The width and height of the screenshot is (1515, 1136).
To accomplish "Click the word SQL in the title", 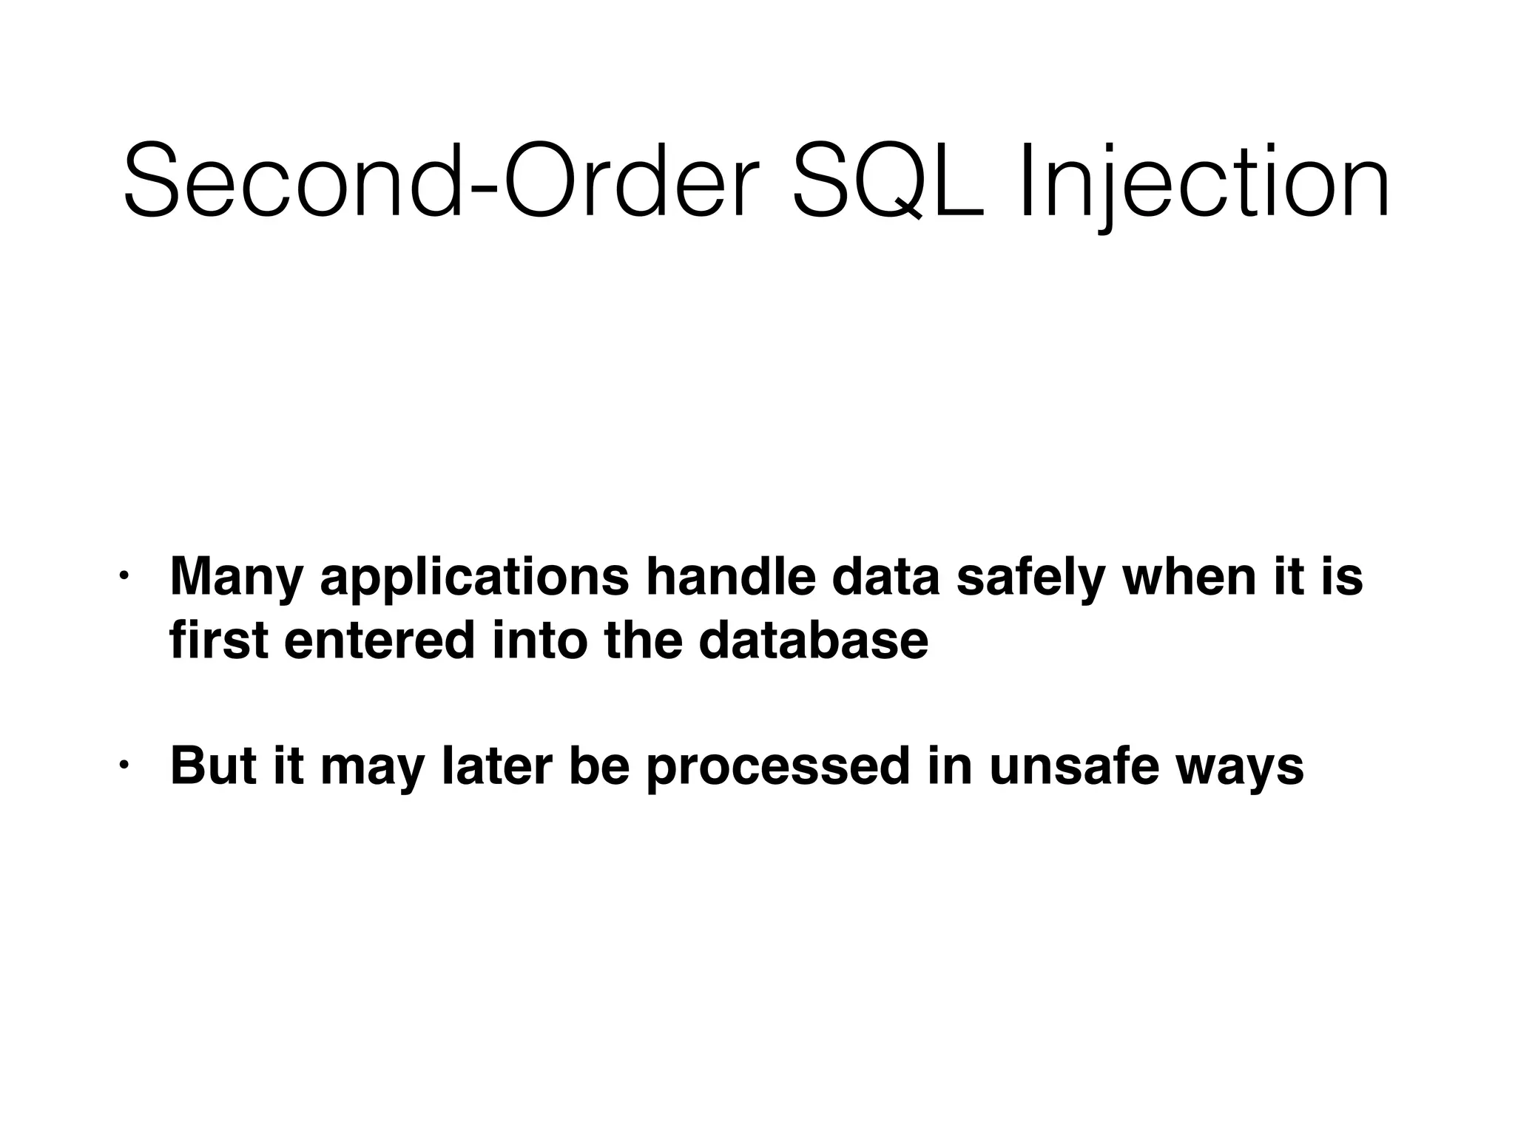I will pos(888,182).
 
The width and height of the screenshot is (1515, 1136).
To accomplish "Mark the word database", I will pos(813,640).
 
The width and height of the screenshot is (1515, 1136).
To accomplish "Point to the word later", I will pos(497,766).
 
